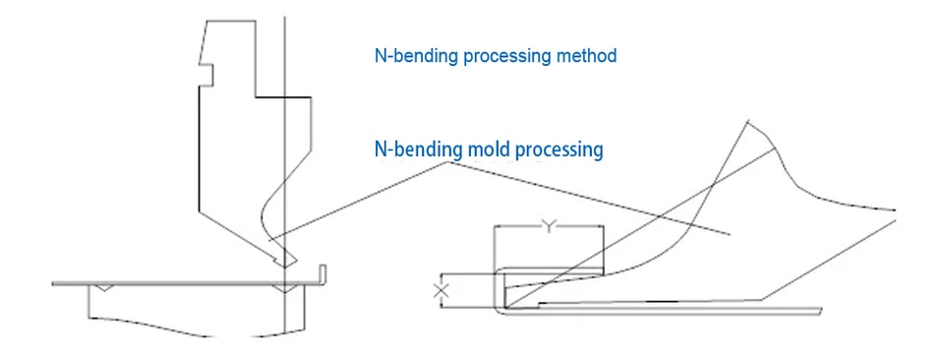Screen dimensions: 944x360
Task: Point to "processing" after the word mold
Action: [x=555, y=150]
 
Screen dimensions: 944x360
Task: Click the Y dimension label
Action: [x=548, y=226]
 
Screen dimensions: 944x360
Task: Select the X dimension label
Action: [x=442, y=291]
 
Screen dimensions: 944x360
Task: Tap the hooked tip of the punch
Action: [x=283, y=258]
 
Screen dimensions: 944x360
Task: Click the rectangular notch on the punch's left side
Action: [x=206, y=74]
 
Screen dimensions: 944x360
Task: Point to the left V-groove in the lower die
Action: [x=105, y=288]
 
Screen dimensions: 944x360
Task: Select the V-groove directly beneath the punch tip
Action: [x=283, y=288]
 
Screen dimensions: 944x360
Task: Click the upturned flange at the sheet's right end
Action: [x=323, y=272]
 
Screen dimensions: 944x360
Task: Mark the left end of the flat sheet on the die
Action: [x=53, y=283]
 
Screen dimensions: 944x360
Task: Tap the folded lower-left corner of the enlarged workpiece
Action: [x=499, y=307]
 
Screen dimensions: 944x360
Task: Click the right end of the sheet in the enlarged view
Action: [x=820, y=310]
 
